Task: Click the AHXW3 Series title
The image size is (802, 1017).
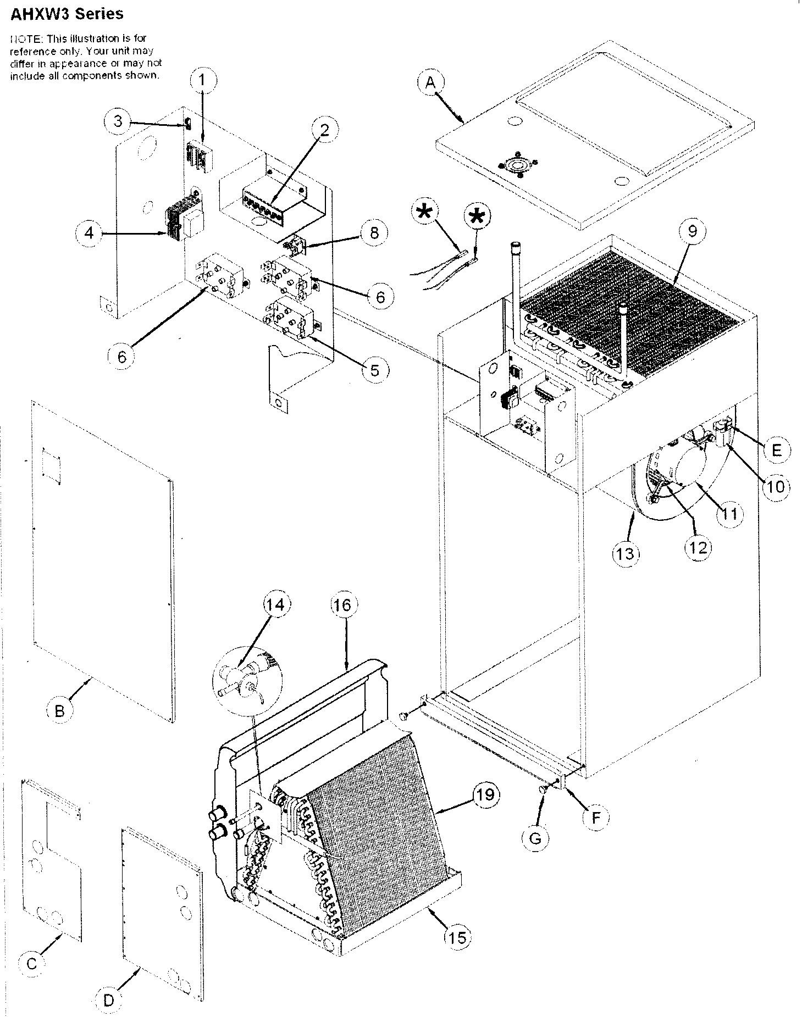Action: point(67,14)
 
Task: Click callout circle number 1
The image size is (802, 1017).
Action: point(202,80)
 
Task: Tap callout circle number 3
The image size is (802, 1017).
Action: point(118,121)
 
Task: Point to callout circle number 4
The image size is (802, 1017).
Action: point(89,233)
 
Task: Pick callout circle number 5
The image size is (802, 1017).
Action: point(374,370)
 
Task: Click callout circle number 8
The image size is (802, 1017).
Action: point(374,233)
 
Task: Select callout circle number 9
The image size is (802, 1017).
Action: point(692,231)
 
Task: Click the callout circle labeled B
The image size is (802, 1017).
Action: point(59,711)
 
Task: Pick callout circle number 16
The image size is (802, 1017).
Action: point(341,605)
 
